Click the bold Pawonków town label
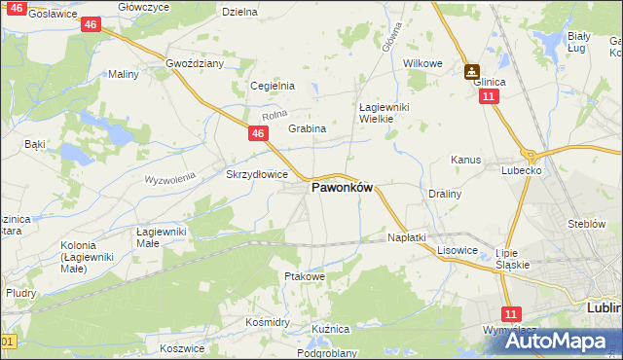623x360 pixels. point(342,189)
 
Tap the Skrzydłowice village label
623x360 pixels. point(256,174)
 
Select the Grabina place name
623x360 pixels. point(307,128)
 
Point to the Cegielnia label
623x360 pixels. point(273,86)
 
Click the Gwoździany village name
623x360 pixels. point(196,62)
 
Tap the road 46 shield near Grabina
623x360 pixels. point(258,133)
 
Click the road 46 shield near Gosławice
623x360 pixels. point(91,24)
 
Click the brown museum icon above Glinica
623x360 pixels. point(472,69)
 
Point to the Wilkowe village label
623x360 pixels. point(422,63)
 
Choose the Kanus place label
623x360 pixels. point(466,159)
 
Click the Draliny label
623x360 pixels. point(444,194)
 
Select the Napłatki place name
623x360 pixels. point(407,237)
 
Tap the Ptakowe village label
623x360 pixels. point(304,277)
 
